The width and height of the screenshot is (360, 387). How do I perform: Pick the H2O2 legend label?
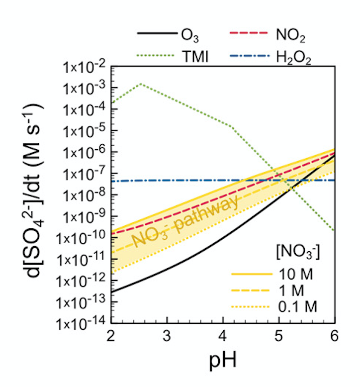point(294,58)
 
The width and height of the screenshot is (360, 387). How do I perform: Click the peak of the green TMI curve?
point(141,84)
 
